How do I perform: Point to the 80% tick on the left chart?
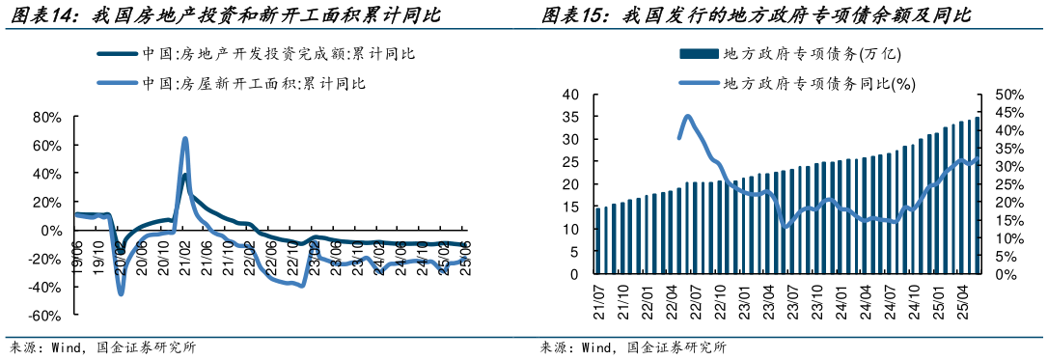(x=46, y=118)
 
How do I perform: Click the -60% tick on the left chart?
(x=45, y=316)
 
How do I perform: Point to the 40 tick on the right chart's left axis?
(x=569, y=95)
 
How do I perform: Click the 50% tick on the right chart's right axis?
(x=1007, y=95)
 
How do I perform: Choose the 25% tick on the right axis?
(x=1007, y=184)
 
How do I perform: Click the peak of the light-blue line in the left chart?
(x=184, y=139)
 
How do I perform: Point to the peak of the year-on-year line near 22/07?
(x=688, y=117)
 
